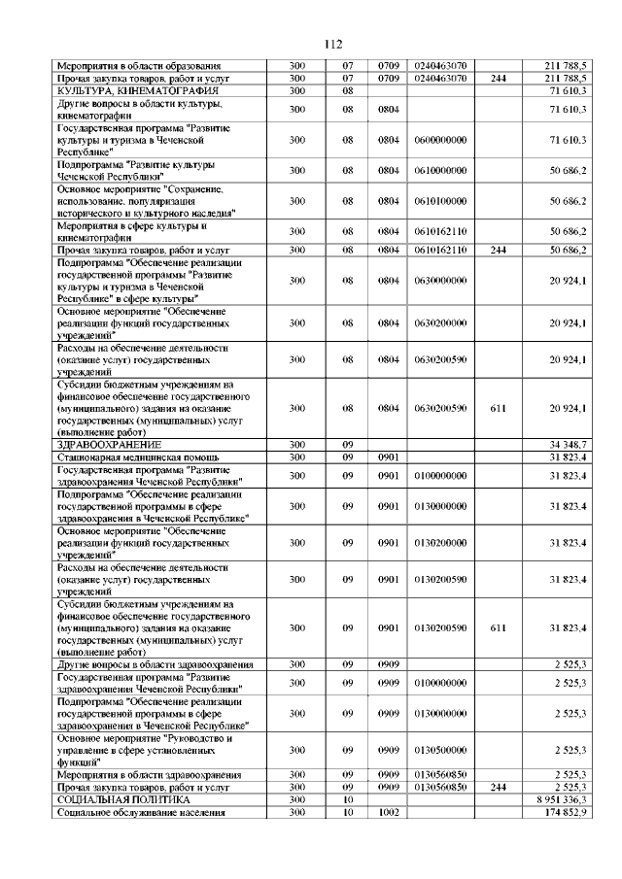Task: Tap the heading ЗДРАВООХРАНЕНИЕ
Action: pos(109,443)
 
